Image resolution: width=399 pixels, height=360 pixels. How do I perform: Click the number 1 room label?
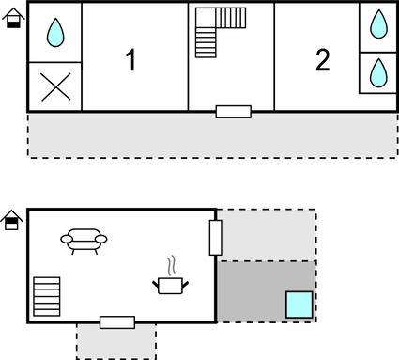pos(131,59)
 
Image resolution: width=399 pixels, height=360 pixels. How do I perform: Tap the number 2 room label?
pos(322,59)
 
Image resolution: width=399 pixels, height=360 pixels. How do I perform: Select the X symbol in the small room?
pos(56,86)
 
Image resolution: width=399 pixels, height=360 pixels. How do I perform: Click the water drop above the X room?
pos(55,32)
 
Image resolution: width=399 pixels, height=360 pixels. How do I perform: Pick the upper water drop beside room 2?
pos(378,24)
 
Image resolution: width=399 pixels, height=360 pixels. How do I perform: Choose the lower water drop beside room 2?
pos(378,72)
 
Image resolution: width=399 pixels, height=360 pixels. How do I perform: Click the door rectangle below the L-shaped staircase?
pos(234,112)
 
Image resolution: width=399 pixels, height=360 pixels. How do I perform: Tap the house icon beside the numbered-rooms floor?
pos(13,18)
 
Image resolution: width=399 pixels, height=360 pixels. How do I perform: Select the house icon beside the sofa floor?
pos(11,220)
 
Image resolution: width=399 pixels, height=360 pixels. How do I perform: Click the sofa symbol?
pos(84,242)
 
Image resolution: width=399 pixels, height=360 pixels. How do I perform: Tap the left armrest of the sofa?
pos(67,240)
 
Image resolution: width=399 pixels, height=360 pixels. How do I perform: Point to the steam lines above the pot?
pos(171,266)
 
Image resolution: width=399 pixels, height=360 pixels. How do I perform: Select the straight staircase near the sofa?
pos(47,296)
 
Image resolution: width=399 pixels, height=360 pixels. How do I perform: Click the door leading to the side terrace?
pos(216,238)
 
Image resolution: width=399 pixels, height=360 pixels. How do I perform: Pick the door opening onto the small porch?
pos(117,322)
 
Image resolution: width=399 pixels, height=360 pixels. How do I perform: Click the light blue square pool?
pos(299,305)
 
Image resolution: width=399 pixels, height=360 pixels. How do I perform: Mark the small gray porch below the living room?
pos(116,341)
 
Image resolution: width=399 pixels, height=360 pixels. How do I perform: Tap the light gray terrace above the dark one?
pos(267,235)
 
